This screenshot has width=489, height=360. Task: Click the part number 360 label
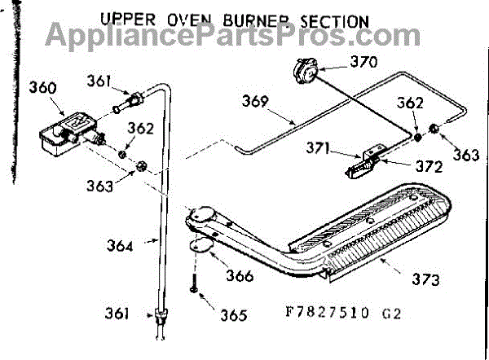42,88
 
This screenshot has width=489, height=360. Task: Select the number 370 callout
363,62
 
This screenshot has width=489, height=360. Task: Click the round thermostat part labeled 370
305,72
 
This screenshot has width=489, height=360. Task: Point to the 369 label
255,101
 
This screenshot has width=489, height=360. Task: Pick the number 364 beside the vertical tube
120,245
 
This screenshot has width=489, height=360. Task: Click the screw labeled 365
194,283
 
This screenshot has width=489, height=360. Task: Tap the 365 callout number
234,315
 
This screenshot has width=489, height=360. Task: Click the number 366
240,276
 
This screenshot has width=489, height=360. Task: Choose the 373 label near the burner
425,279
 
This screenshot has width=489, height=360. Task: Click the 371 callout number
318,147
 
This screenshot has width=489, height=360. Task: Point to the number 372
430,167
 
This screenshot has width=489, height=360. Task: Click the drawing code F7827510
327,312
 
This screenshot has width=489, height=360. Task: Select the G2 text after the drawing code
391,314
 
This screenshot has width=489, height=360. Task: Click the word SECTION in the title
334,21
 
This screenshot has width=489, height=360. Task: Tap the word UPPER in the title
128,20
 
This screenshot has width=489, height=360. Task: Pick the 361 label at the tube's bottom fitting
117,314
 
